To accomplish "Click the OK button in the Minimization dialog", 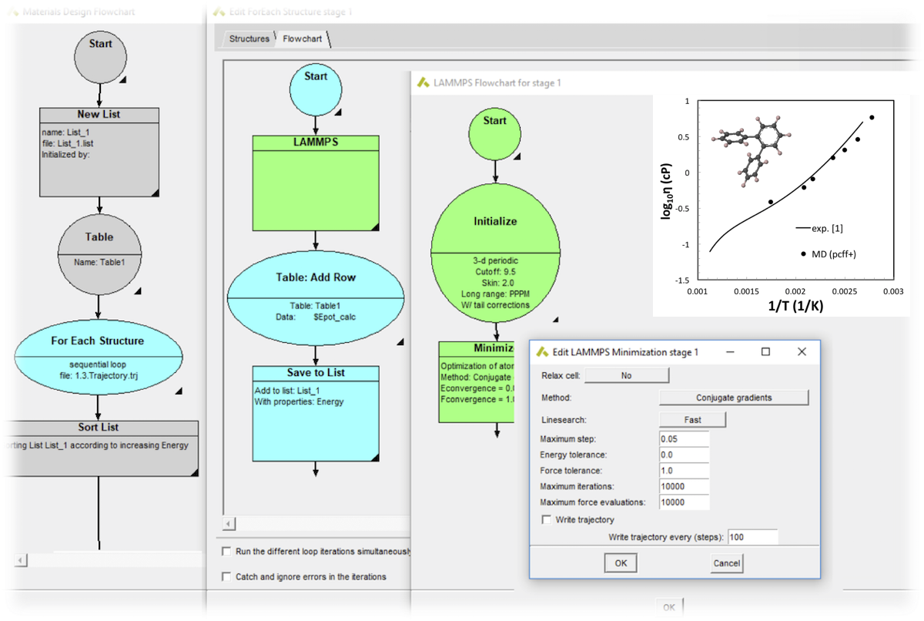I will (x=621, y=563).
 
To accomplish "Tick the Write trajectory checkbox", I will (x=547, y=520).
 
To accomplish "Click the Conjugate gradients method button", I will (x=733, y=398).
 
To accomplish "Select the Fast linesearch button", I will (x=692, y=420).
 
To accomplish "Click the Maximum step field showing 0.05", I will (x=684, y=438).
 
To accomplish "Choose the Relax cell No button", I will (x=627, y=375).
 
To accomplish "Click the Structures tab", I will (x=249, y=39).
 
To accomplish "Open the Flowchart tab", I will (x=302, y=39).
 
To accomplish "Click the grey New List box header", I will (x=99, y=115).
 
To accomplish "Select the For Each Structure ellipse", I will (x=99, y=341).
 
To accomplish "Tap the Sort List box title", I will (x=99, y=428).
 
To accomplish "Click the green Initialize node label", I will (x=495, y=221).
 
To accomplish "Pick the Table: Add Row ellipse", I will (x=316, y=277).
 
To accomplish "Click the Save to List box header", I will (x=316, y=373).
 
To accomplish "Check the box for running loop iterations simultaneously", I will (x=226, y=552).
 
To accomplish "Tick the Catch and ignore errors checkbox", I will (x=226, y=576).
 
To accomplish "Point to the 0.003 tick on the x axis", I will (x=892, y=293).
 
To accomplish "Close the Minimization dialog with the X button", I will (x=802, y=352).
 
